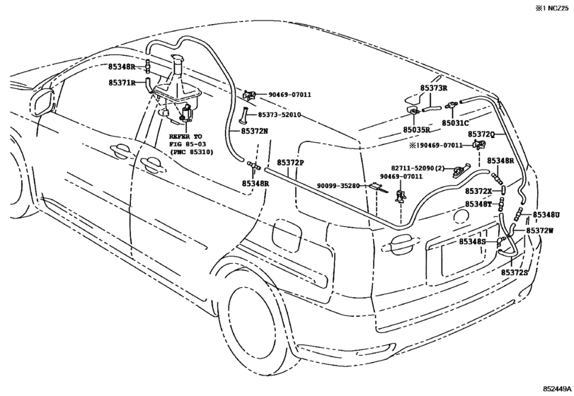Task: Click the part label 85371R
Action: tap(122, 83)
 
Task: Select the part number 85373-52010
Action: tap(280, 115)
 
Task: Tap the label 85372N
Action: tap(254, 131)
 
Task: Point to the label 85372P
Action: tap(290, 163)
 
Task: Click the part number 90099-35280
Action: tap(338, 186)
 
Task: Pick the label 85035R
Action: tap(416, 130)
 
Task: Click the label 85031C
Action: tap(455, 123)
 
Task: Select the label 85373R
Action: tap(434, 88)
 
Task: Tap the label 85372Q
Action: tap(481, 134)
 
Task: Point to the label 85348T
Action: tap(478, 204)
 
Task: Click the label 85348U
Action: tap(546, 215)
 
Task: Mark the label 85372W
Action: tap(540, 231)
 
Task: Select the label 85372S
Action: tap(515, 272)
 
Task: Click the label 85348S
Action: tap(473, 241)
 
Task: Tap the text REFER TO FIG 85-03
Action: tap(186, 141)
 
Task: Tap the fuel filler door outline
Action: tap(287, 234)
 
